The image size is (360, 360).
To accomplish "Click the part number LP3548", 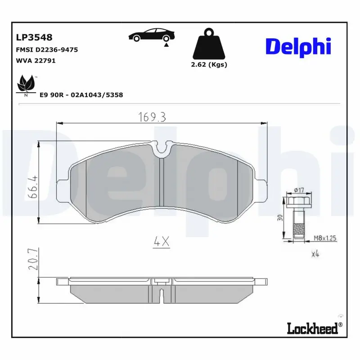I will [x=34, y=38].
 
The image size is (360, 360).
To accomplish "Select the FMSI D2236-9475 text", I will [x=47, y=50].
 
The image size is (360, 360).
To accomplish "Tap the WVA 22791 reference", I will [x=36, y=61].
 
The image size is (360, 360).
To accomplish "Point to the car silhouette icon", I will [x=151, y=36].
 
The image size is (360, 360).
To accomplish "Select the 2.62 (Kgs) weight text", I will [x=209, y=64].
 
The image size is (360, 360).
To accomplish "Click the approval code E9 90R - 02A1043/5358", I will [x=81, y=95].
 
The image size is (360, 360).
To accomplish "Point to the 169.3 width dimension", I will [x=153, y=117].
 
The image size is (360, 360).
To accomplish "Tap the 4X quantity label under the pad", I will [x=161, y=242].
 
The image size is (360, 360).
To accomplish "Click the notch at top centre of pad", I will [x=161, y=149].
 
